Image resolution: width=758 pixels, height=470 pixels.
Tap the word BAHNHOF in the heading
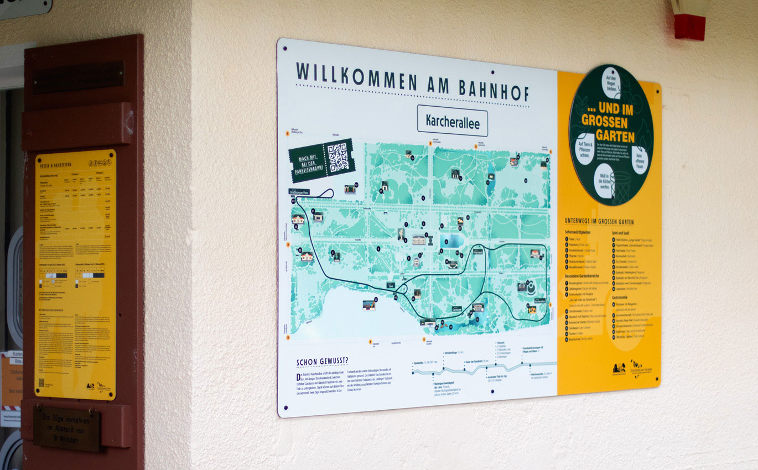coord(494,90)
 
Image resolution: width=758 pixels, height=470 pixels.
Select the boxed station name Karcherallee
coord(452,121)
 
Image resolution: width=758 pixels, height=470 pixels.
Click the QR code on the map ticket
coord(338,157)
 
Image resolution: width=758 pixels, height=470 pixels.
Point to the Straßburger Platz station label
coord(299,192)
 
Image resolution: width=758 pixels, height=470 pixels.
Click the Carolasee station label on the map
coord(456,309)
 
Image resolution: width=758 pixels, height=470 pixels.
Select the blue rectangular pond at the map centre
coord(451,241)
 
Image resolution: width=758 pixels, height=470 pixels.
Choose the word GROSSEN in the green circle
coord(604,121)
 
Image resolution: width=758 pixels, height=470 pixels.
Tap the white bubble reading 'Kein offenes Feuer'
coord(640,160)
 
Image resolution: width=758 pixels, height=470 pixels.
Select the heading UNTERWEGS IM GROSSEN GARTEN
coord(599,221)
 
